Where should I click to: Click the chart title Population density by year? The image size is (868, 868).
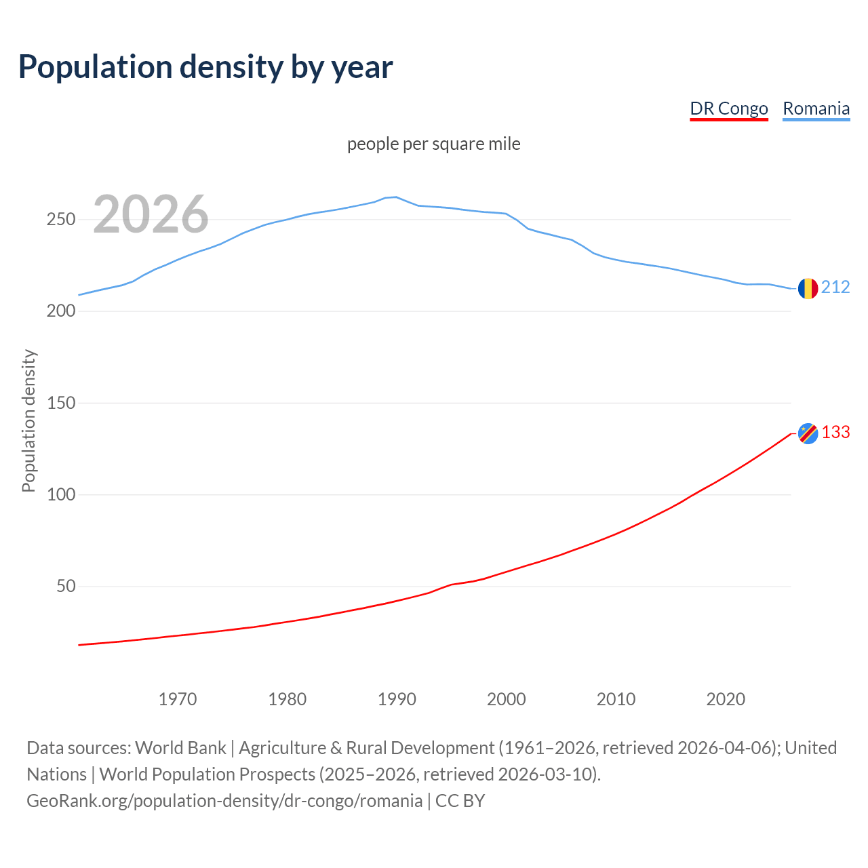[205, 67]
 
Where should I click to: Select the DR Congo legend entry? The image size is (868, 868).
[729, 108]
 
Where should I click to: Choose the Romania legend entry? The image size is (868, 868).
[816, 108]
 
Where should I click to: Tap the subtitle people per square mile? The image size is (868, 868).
[434, 144]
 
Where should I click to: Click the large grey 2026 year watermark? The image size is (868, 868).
[151, 214]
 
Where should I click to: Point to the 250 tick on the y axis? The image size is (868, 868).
[60, 220]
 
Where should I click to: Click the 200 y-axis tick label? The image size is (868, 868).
[60, 311]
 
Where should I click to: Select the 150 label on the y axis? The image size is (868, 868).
[60, 403]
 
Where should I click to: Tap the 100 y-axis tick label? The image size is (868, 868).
[60, 494]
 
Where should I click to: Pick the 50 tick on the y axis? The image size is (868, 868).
[66, 586]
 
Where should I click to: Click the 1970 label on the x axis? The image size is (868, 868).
[178, 699]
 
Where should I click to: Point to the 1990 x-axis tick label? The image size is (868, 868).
[397, 699]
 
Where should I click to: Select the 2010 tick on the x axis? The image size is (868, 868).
[616, 699]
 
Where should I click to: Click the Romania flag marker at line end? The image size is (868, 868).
[808, 289]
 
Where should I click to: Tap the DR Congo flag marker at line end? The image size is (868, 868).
[808, 433]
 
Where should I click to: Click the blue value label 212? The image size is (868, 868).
[835, 288]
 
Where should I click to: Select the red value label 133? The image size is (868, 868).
[835, 433]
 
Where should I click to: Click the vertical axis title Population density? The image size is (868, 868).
[28, 420]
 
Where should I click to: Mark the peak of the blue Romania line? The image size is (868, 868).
[396, 197]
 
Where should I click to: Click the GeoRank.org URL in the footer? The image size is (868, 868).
[224, 801]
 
